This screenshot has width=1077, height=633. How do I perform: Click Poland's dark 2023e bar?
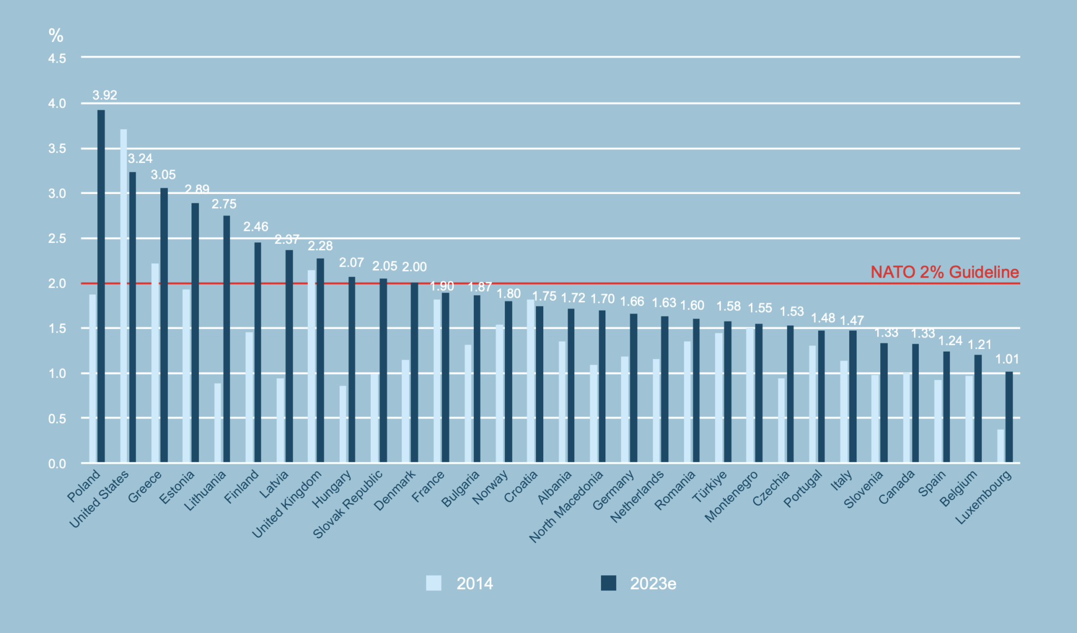click(101, 287)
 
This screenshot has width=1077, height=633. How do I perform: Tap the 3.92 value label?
click(105, 95)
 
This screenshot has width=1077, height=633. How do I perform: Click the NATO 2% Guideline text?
click(944, 272)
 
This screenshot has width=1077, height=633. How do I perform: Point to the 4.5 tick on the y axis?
click(57, 58)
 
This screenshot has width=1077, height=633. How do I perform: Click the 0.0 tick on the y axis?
click(57, 464)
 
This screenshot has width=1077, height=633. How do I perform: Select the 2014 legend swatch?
click(434, 583)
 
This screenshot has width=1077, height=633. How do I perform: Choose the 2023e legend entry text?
click(653, 584)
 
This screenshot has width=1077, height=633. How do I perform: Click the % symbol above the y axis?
click(56, 35)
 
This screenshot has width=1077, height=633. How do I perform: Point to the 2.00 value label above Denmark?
click(414, 267)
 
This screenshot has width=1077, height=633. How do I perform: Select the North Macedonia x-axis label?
click(567, 506)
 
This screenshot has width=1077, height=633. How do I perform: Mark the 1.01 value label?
click(1007, 359)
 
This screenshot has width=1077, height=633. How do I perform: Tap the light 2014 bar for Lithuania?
click(218, 423)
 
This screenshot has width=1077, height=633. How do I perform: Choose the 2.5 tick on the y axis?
click(57, 239)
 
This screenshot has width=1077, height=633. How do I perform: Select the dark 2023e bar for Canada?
click(916, 403)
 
